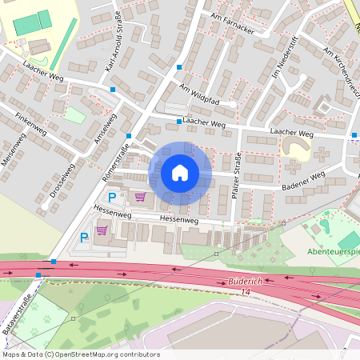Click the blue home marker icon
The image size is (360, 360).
click(x=180, y=173)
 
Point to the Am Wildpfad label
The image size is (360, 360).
click(x=199, y=95)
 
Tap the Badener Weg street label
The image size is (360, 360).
click(x=303, y=181)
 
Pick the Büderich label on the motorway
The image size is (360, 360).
click(x=245, y=282)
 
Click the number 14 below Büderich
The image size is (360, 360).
click(x=245, y=293)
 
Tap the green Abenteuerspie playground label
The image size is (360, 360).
click(x=333, y=251)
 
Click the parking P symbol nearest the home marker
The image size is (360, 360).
click(x=112, y=196)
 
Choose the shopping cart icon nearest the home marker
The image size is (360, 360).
click(x=140, y=197)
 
